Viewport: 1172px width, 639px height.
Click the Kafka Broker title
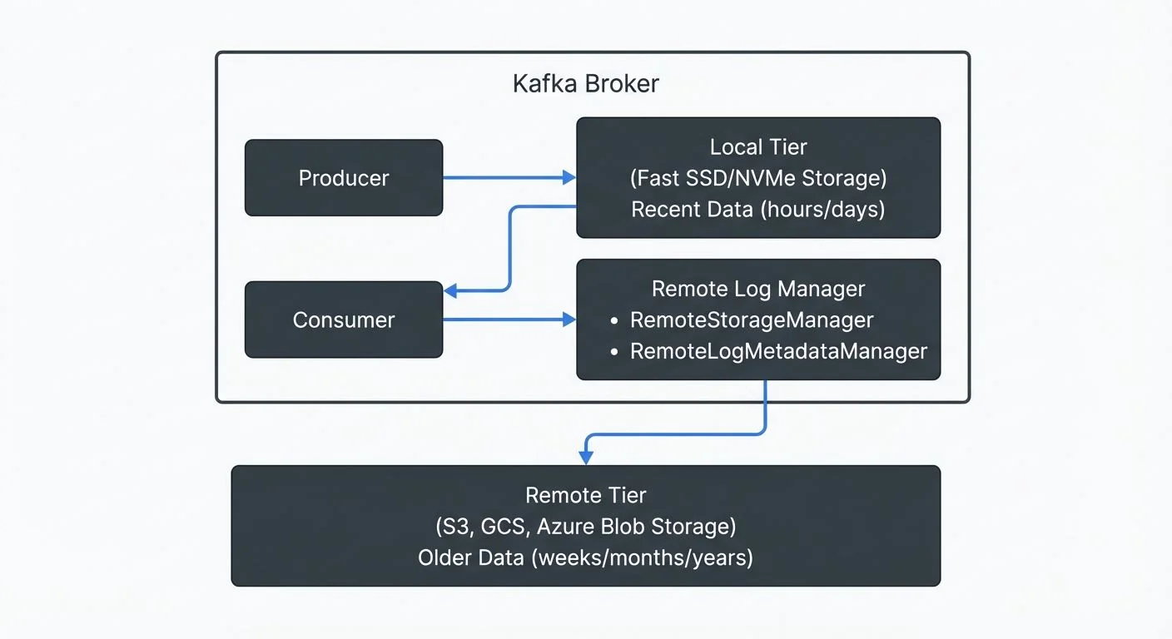585,84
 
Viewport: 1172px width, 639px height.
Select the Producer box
343,178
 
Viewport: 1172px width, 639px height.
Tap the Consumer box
343,319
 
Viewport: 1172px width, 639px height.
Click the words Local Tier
757,147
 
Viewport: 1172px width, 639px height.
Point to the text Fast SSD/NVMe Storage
757,178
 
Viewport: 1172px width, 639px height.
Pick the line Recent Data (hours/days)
757,209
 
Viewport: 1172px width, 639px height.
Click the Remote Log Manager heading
757,289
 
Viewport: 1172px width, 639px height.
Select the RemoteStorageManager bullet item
751,319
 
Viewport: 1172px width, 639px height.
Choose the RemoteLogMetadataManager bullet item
777,351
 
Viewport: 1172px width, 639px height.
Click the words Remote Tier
585,495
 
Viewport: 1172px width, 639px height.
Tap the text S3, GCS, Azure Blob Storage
585,526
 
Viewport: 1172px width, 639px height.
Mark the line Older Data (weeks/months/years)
585,557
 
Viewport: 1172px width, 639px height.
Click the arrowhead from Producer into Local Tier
569,177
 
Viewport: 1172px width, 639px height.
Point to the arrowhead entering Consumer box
450,291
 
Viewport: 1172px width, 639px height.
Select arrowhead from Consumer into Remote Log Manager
569,319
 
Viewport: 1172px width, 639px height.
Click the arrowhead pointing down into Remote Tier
585,458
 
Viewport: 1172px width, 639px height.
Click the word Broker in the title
622,84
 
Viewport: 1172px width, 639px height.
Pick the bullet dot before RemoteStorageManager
614,320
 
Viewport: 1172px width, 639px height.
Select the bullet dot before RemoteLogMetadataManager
614,352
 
